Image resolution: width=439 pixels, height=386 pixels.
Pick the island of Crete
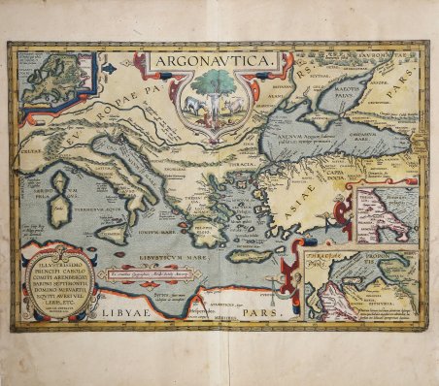243,255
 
